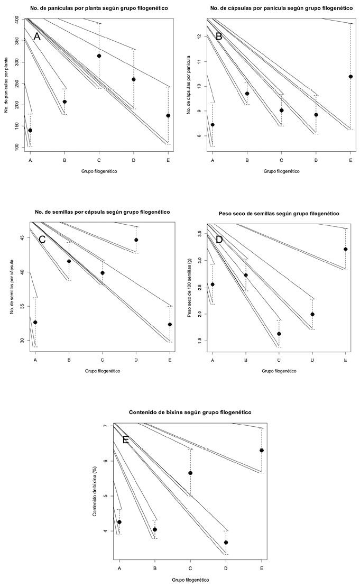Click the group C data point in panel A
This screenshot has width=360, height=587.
tap(99, 56)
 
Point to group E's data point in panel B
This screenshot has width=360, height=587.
tap(350, 76)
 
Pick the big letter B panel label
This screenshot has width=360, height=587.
tap(218, 36)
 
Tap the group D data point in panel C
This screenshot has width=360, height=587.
tap(136, 240)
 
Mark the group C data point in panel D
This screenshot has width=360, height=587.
tap(279, 334)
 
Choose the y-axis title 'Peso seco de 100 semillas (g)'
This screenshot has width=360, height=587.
tap(190, 286)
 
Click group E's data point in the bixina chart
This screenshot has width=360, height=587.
tap(262, 450)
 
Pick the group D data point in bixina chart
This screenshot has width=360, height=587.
tap(226, 542)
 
